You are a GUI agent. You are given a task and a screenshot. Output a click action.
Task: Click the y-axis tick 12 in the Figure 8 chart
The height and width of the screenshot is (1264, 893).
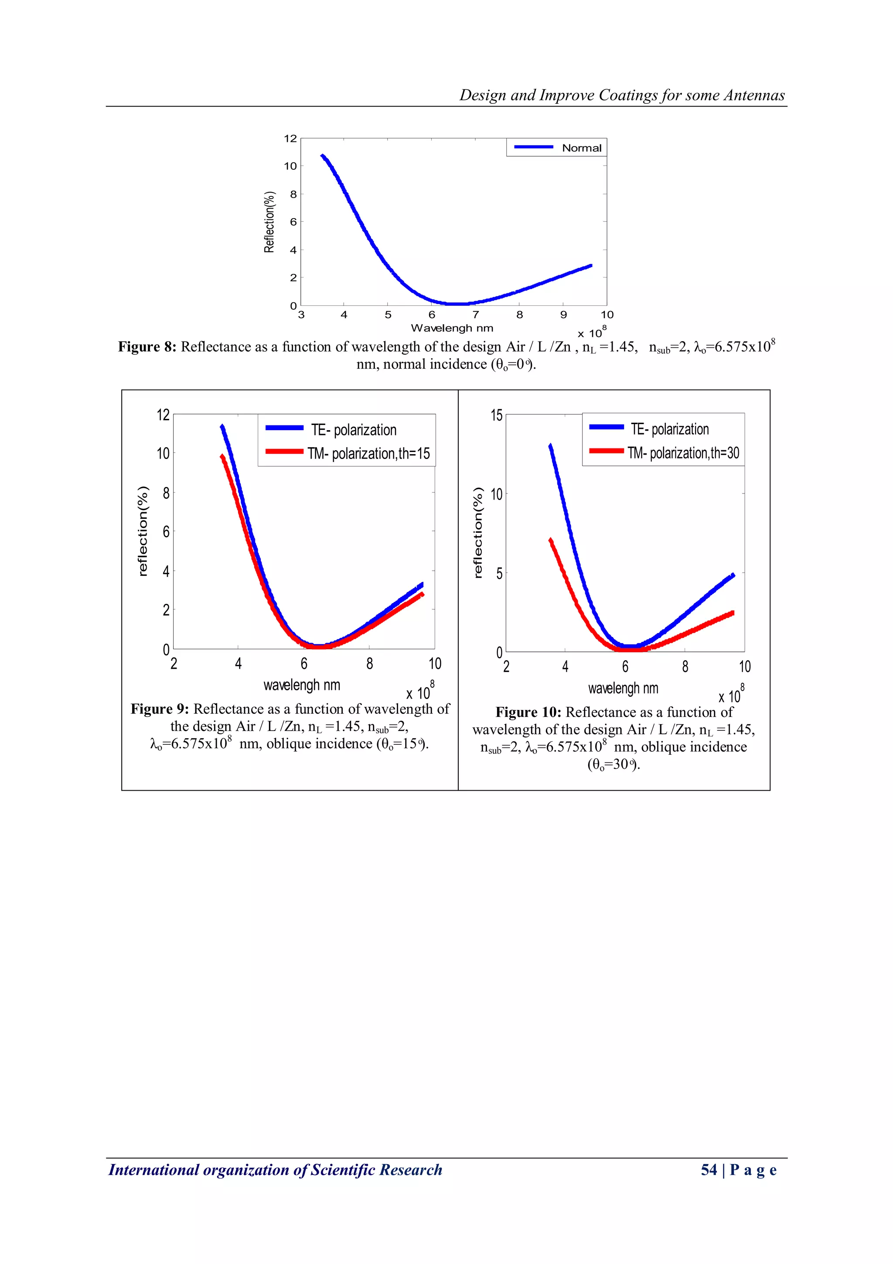290,138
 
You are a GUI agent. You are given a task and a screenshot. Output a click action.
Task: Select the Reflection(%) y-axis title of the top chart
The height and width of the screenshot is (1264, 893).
269,222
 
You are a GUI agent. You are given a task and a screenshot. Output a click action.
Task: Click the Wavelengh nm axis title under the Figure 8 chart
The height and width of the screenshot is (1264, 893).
452,328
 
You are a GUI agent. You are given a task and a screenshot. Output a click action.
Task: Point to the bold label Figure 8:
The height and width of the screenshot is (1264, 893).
147,347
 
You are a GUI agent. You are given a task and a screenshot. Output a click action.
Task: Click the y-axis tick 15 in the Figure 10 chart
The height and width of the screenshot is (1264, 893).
496,415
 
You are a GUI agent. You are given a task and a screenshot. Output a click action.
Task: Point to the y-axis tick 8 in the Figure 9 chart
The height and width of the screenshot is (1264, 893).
166,493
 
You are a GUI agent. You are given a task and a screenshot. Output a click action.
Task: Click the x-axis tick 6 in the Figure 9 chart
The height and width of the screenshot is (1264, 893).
304,663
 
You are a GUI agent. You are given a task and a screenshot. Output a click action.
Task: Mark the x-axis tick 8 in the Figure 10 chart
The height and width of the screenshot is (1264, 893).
685,667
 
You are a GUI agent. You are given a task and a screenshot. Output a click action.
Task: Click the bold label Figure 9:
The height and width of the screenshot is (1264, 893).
160,709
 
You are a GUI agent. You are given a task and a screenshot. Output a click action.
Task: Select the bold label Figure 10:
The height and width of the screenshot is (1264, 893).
528,712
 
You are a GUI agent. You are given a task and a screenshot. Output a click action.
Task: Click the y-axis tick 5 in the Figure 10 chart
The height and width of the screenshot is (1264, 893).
499,573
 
